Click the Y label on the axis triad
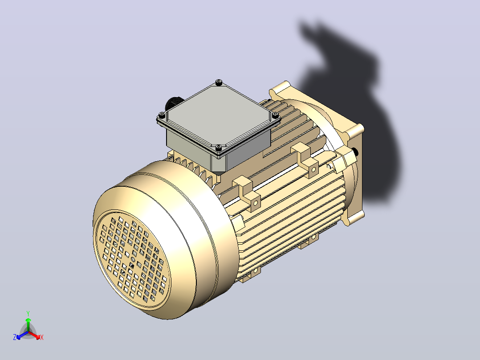pyautogui.click(x=28, y=313)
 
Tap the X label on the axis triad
pyautogui.click(x=42, y=337)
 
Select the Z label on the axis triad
pyautogui.click(x=14, y=337)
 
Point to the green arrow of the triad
pyautogui.click(x=28, y=324)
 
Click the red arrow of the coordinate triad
pyautogui.click(x=34, y=335)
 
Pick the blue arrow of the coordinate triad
pyautogui.click(x=22, y=335)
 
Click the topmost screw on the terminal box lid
pyautogui.click(x=218, y=82)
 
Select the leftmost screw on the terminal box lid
pyautogui.click(x=162, y=115)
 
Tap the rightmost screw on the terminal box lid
pyautogui.click(x=275, y=115)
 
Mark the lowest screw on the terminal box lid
pyautogui.click(x=218, y=148)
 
